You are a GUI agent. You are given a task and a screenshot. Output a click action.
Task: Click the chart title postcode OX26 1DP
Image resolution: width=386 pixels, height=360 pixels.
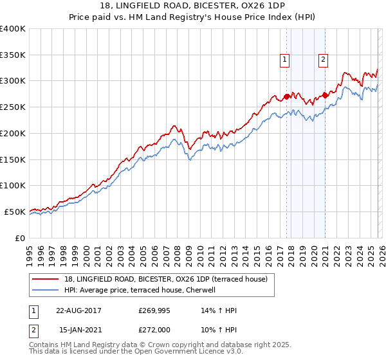click(239, 5)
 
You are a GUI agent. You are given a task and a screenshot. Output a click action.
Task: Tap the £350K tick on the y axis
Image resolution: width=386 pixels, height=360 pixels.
click(13, 55)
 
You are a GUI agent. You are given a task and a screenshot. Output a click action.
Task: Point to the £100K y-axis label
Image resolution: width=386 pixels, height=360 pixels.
click(13, 186)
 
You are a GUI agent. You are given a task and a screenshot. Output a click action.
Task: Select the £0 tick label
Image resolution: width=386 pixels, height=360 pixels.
click(21, 238)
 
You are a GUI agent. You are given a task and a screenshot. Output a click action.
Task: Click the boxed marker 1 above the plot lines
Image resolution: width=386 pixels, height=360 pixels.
click(284, 60)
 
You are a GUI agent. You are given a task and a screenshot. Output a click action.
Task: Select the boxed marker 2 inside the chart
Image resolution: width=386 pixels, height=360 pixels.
click(323, 60)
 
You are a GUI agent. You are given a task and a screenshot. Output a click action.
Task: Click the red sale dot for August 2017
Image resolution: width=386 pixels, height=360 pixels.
click(286, 97)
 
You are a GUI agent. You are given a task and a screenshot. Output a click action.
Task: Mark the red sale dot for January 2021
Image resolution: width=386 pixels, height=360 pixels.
click(325, 96)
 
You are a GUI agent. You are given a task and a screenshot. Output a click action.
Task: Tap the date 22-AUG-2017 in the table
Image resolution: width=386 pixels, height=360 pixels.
click(79, 310)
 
